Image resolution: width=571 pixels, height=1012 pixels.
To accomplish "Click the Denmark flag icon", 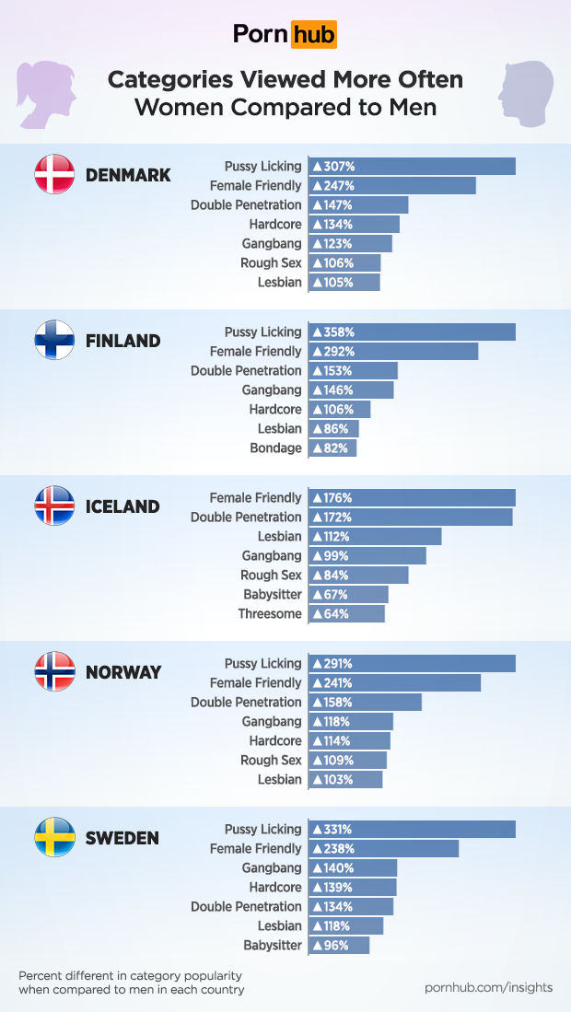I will pyautogui.click(x=54, y=174).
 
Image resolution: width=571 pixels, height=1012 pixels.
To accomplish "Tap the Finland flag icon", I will pyautogui.click(x=54, y=340).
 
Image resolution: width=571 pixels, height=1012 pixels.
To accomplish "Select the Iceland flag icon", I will pyautogui.click(x=54, y=506).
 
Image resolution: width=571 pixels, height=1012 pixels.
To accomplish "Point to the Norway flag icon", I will pyautogui.click(x=54, y=671).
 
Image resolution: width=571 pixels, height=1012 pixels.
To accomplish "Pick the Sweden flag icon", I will pyautogui.click(x=54, y=837).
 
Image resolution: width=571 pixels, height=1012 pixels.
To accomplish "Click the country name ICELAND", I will pyautogui.click(x=122, y=506).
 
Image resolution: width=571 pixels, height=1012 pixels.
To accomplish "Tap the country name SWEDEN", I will pyautogui.click(x=122, y=838).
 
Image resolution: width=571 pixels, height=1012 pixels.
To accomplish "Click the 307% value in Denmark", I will pyautogui.click(x=333, y=167).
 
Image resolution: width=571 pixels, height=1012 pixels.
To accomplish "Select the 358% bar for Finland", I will pyautogui.click(x=412, y=332).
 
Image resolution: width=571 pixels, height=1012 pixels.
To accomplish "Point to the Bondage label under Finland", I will pyautogui.click(x=275, y=448).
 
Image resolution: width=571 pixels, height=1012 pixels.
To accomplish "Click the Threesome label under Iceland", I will pyautogui.click(x=270, y=614).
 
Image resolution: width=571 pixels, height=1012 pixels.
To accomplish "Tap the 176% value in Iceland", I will pyautogui.click(x=332, y=498).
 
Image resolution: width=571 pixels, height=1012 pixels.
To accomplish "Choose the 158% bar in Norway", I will pyautogui.click(x=365, y=703).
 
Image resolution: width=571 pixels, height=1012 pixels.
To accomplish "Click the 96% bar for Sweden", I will pyautogui.click(x=339, y=946).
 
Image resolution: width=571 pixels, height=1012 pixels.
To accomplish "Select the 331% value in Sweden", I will pyautogui.click(x=332, y=830).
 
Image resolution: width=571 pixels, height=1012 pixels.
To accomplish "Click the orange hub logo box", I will pyautogui.click(x=314, y=35).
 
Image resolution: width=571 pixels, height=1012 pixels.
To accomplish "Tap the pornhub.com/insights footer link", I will pyautogui.click(x=488, y=987).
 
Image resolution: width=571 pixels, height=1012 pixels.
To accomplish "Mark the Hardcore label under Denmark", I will pyautogui.click(x=274, y=225).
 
